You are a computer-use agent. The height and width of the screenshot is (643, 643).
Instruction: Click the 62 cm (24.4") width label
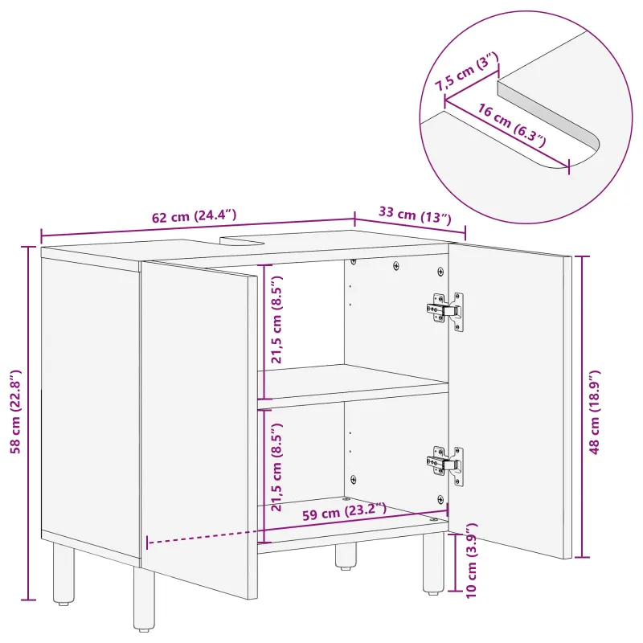[194, 215]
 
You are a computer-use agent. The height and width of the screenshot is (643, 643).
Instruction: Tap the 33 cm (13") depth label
[415, 215]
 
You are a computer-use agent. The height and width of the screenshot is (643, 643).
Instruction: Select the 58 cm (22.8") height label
[15, 412]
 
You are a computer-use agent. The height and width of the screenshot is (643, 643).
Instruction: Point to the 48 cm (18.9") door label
[595, 412]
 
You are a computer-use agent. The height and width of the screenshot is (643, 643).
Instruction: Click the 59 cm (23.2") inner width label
[344, 512]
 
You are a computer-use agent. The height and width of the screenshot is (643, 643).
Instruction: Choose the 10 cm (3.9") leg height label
[472, 560]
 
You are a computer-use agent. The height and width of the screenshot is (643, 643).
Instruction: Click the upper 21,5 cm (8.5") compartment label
[276, 319]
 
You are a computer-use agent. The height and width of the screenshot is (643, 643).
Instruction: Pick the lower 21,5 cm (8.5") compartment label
[276, 467]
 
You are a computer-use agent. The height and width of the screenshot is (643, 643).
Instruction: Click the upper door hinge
[445, 311]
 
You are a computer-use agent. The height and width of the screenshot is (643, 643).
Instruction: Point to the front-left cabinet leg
[144, 599]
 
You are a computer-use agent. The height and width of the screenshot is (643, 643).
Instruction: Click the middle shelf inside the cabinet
[353, 387]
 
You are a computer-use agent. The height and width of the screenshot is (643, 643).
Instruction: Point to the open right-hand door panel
[510, 400]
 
